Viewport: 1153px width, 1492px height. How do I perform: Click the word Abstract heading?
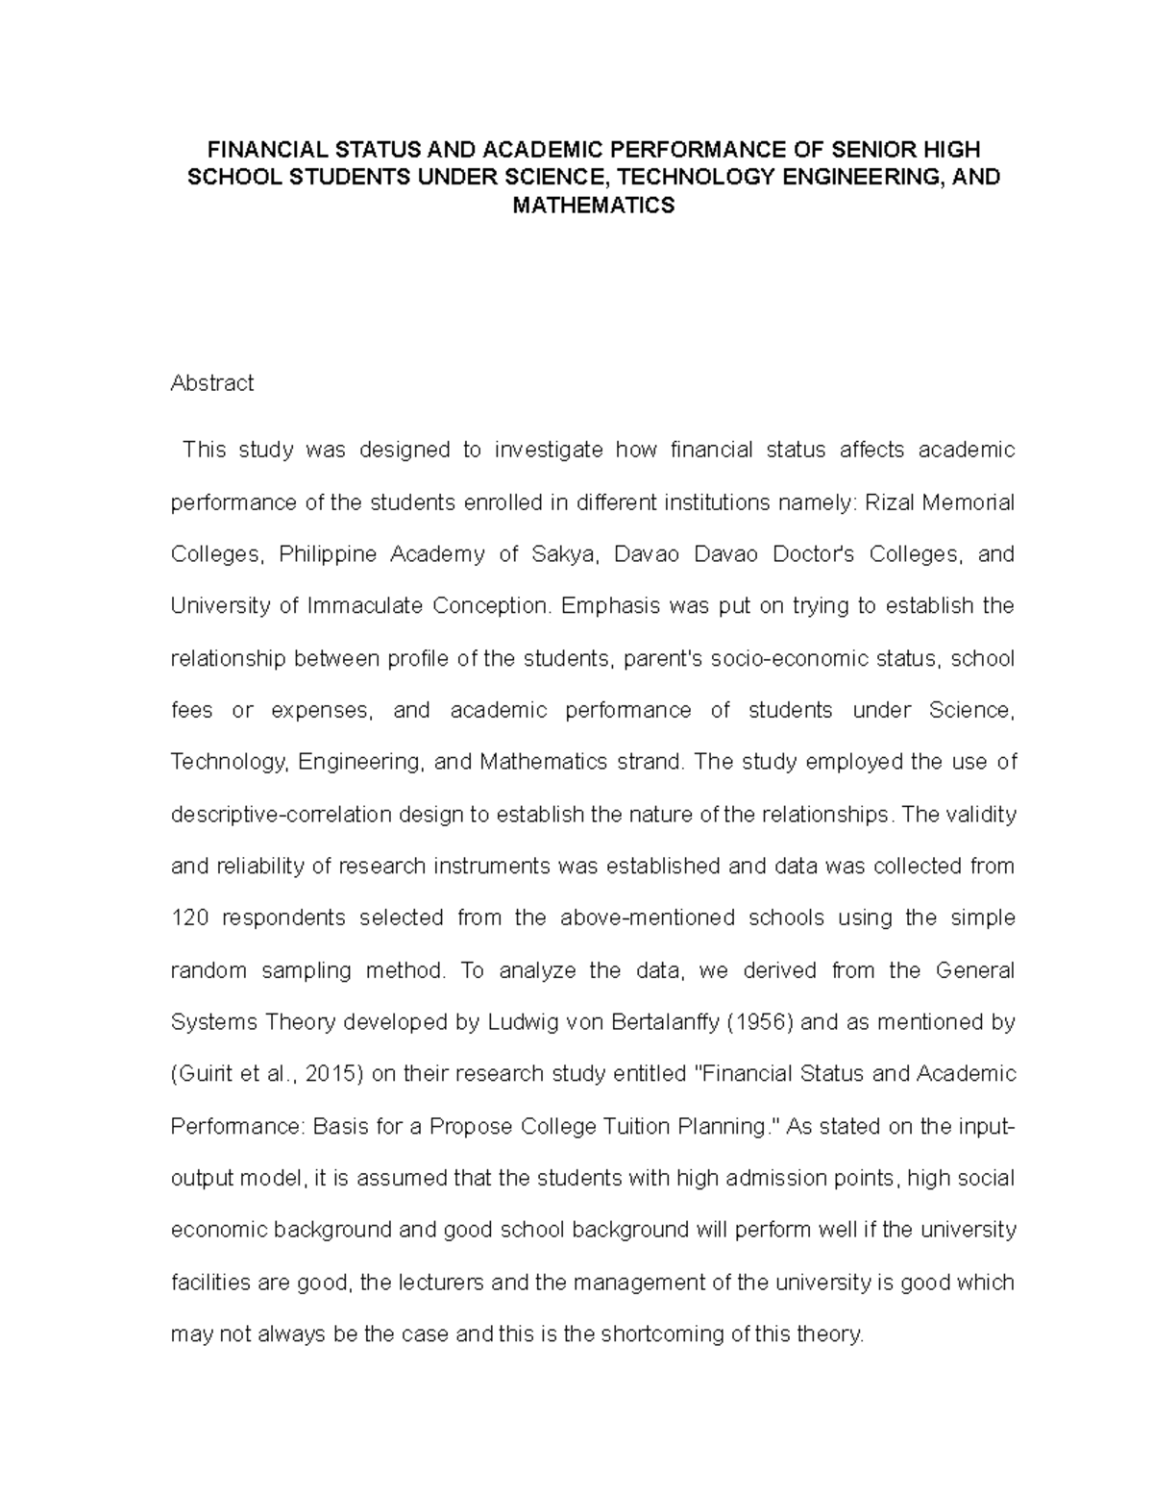tap(211, 383)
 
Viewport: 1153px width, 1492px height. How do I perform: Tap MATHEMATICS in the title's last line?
tap(594, 206)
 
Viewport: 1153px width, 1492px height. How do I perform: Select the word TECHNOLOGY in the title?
tap(706, 178)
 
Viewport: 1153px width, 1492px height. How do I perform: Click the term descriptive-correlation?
tap(282, 815)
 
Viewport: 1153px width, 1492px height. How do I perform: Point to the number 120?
tap(188, 918)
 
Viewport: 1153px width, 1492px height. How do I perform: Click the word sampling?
tap(307, 970)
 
